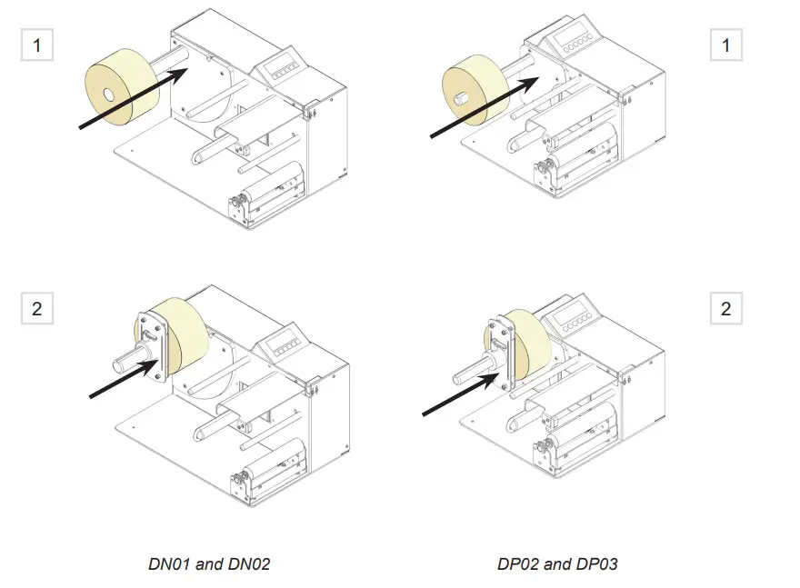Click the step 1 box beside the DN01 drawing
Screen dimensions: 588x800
pos(36,45)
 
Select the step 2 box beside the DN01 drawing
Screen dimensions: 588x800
pos(36,309)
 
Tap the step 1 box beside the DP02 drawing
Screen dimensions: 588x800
pos(725,45)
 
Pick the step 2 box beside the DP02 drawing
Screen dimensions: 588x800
pos(725,309)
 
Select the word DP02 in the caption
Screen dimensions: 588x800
pos(518,564)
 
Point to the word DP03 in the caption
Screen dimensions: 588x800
pos(596,564)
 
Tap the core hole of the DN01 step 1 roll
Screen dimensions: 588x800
pos(108,94)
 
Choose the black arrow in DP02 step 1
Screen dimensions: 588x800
pos(482,107)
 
